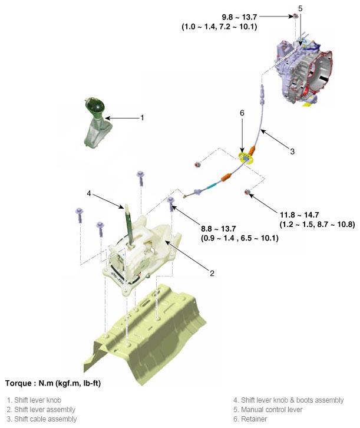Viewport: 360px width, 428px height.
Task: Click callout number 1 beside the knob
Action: pyautogui.click(x=142, y=118)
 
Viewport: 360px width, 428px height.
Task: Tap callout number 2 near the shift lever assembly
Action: pyautogui.click(x=212, y=273)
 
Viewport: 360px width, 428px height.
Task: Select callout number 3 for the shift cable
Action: pyautogui.click(x=292, y=152)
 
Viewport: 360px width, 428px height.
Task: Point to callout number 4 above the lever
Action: pyautogui.click(x=89, y=193)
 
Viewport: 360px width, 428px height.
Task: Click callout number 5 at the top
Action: pyautogui.click(x=300, y=8)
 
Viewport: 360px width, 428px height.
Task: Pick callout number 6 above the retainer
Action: pyautogui.click(x=242, y=113)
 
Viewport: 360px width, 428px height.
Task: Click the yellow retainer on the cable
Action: pyautogui.click(x=246, y=159)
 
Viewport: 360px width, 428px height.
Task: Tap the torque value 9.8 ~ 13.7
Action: pyautogui.click(x=239, y=17)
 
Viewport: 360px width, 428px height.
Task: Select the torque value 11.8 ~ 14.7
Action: pyautogui.click(x=299, y=215)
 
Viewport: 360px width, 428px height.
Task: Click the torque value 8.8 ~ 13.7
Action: pyautogui.click(x=219, y=229)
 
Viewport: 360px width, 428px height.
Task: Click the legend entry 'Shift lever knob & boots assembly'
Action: pyautogui.click(x=289, y=400)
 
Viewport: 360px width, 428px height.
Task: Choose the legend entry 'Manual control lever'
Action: pyautogui.click(x=268, y=410)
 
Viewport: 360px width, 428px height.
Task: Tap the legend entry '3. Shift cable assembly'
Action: pyautogui.click(x=42, y=419)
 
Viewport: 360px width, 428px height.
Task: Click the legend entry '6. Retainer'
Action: pyautogui.click(x=250, y=419)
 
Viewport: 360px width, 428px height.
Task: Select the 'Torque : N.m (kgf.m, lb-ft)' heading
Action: pyautogui.click(x=53, y=383)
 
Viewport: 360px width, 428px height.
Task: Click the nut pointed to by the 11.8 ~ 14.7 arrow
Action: pyautogui.click(x=247, y=192)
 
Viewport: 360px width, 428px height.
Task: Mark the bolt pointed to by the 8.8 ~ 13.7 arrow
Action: pyautogui.click(x=171, y=203)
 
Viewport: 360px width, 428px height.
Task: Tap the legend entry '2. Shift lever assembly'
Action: pyautogui.click(x=41, y=410)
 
